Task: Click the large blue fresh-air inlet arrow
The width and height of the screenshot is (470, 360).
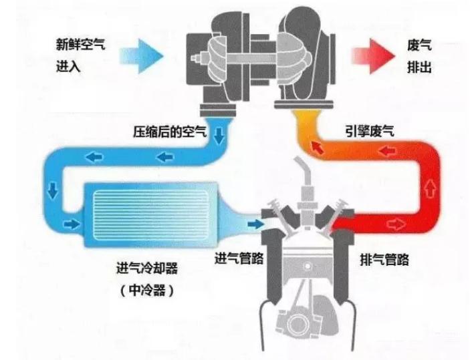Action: [x=141, y=56]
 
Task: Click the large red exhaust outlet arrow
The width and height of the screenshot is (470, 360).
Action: [x=374, y=56]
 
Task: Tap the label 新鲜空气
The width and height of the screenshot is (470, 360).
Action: [x=81, y=45]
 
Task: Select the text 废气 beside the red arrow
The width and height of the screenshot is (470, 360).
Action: [x=419, y=45]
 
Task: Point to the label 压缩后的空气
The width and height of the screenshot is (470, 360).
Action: [x=170, y=132]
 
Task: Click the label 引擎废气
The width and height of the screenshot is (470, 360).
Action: [x=370, y=131]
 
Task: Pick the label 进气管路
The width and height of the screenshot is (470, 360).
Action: [x=239, y=258]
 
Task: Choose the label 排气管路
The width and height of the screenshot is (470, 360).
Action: [x=384, y=259]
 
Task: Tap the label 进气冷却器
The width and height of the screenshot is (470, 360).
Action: [x=147, y=268]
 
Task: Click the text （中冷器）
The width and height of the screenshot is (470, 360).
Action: [x=147, y=290]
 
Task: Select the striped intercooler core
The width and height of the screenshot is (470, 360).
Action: [x=151, y=215]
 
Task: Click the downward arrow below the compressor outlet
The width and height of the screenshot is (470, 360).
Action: [x=220, y=136]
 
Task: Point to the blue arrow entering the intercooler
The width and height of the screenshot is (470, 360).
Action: [x=72, y=224]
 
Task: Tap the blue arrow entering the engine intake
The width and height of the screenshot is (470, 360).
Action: [x=255, y=224]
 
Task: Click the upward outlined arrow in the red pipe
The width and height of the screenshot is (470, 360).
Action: [x=430, y=189]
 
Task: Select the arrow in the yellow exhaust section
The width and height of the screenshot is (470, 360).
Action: [x=318, y=148]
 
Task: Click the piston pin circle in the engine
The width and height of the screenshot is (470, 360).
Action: [x=308, y=266]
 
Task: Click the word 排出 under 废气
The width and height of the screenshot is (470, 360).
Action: [x=419, y=67]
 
